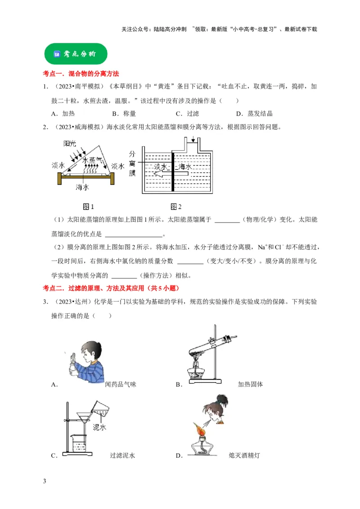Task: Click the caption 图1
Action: tap(88, 207)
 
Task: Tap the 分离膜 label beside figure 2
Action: tap(132, 163)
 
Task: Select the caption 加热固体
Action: tap(250, 384)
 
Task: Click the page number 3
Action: tap(44, 482)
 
